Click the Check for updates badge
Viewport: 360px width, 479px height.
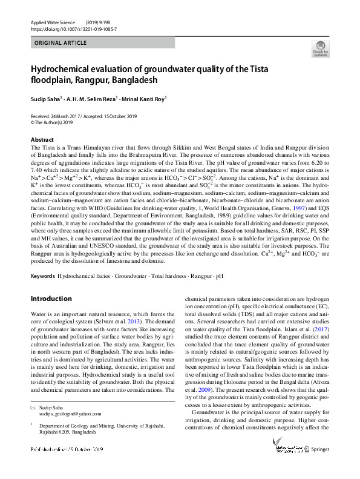[320, 49]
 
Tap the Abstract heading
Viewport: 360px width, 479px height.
[41, 139]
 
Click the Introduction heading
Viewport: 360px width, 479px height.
[51, 299]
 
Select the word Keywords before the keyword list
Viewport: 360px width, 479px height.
[42, 276]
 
